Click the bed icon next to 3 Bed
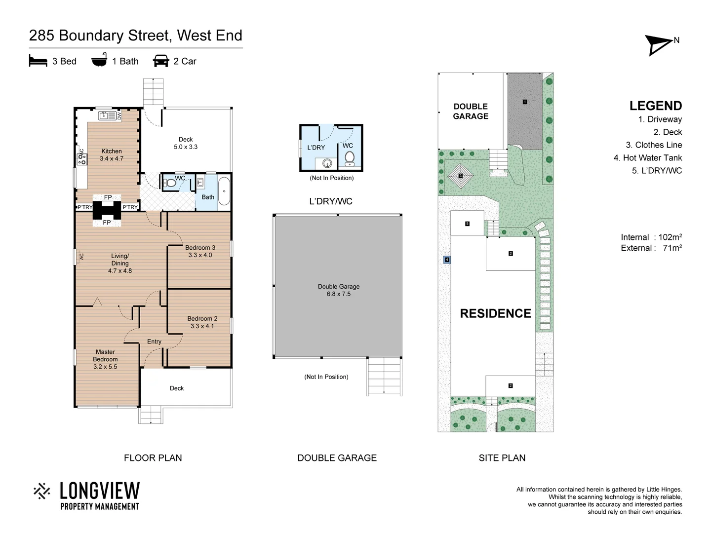(38, 61)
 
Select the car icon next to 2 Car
(161, 61)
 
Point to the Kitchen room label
(112, 155)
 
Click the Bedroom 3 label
(200, 251)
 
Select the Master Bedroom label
(105, 359)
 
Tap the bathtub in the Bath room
(224, 191)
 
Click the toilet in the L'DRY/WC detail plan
(350, 158)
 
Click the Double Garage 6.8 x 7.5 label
(339, 290)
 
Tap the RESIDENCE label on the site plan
(495, 313)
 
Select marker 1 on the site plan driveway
(525, 102)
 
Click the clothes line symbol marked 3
(460, 176)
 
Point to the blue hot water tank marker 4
(447, 260)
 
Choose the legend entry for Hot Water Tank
(647, 158)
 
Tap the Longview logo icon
(42, 491)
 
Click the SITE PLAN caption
(502, 458)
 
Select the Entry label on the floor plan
(154, 342)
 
